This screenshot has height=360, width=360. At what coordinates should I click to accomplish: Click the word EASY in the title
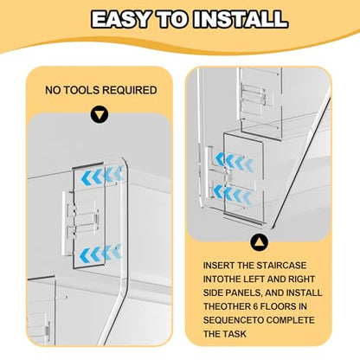coord(121,20)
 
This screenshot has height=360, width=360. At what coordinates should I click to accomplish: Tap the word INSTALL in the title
coord(241,20)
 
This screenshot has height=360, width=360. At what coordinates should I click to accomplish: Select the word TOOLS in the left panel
coord(81,90)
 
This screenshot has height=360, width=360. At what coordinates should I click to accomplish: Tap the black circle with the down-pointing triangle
coord(100,115)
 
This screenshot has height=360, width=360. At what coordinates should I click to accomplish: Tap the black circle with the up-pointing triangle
coord(259,242)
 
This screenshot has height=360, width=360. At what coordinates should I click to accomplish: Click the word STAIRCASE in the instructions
coord(281,266)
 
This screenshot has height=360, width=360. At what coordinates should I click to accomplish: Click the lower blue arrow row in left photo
coord(101,254)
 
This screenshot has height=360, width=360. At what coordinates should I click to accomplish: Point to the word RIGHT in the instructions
coord(301,280)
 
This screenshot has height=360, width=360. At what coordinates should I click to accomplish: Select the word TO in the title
coord(172,20)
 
